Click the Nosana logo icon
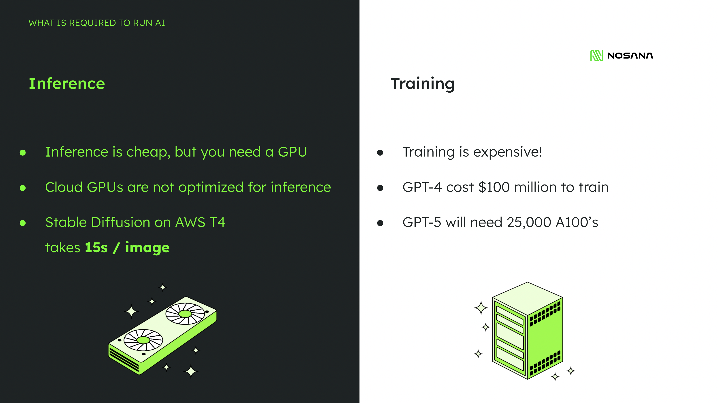tap(596, 56)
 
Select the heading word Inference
tap(67, 84)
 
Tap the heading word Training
tap(423, 84)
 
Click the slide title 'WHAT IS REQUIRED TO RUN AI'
tap(97, 23)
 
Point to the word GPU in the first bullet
tap(292, 152)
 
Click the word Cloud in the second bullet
tap(64, 187)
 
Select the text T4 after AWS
tap(217, 222)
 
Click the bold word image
tap(147, 248)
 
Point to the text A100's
tap(577, 222)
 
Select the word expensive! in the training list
tap(507, 152)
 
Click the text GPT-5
tap(422, 222)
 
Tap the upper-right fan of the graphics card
tap(185, 314)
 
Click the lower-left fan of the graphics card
tap(143, 340)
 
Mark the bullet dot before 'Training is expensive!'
tap(380, 153)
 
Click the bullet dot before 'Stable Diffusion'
tap(23, 223)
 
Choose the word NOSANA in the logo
tap(630, 56)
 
